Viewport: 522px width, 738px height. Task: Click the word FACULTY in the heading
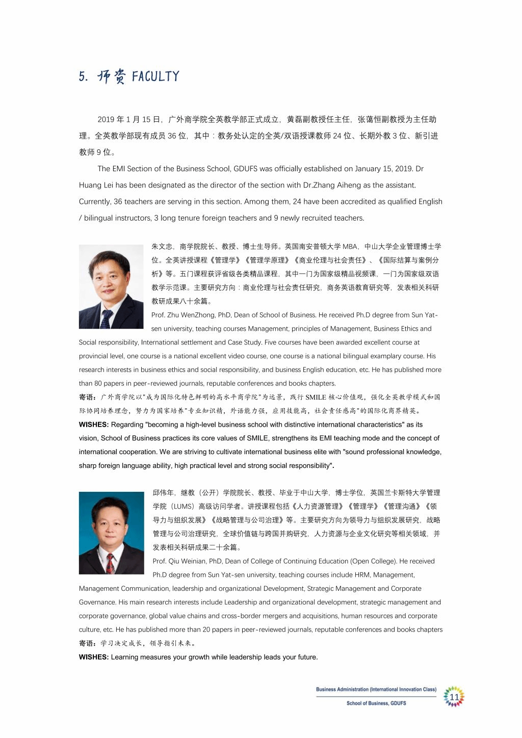tap(155, 76)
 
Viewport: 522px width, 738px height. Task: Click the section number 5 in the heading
tap(83, 77)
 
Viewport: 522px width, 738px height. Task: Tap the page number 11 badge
tap(454, 697)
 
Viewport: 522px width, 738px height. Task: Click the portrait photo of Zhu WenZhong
tap(111, 286)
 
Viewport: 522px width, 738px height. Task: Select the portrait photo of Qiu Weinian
tap(111, 533)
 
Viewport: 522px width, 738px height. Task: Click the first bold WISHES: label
tap(94, 425)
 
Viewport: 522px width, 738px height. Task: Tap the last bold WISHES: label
tap(94, 657)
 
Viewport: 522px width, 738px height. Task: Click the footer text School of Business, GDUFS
tap(376, 703)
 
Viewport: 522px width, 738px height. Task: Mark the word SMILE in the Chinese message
tap(316, 397)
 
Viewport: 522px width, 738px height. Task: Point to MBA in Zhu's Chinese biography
tap(350, 247)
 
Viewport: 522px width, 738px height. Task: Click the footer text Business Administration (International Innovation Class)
tap(376, 690)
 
